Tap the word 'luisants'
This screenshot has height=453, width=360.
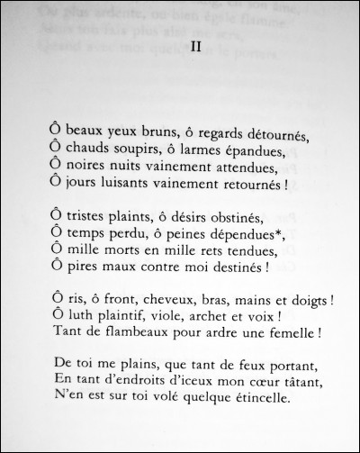click(124, 185)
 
